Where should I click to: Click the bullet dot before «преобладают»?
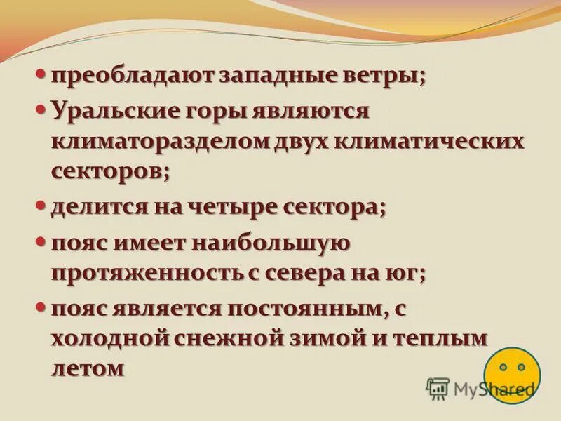pyautogui.click(x=41, y=73)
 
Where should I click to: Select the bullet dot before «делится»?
pyautogui.click(x=41, y=205)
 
